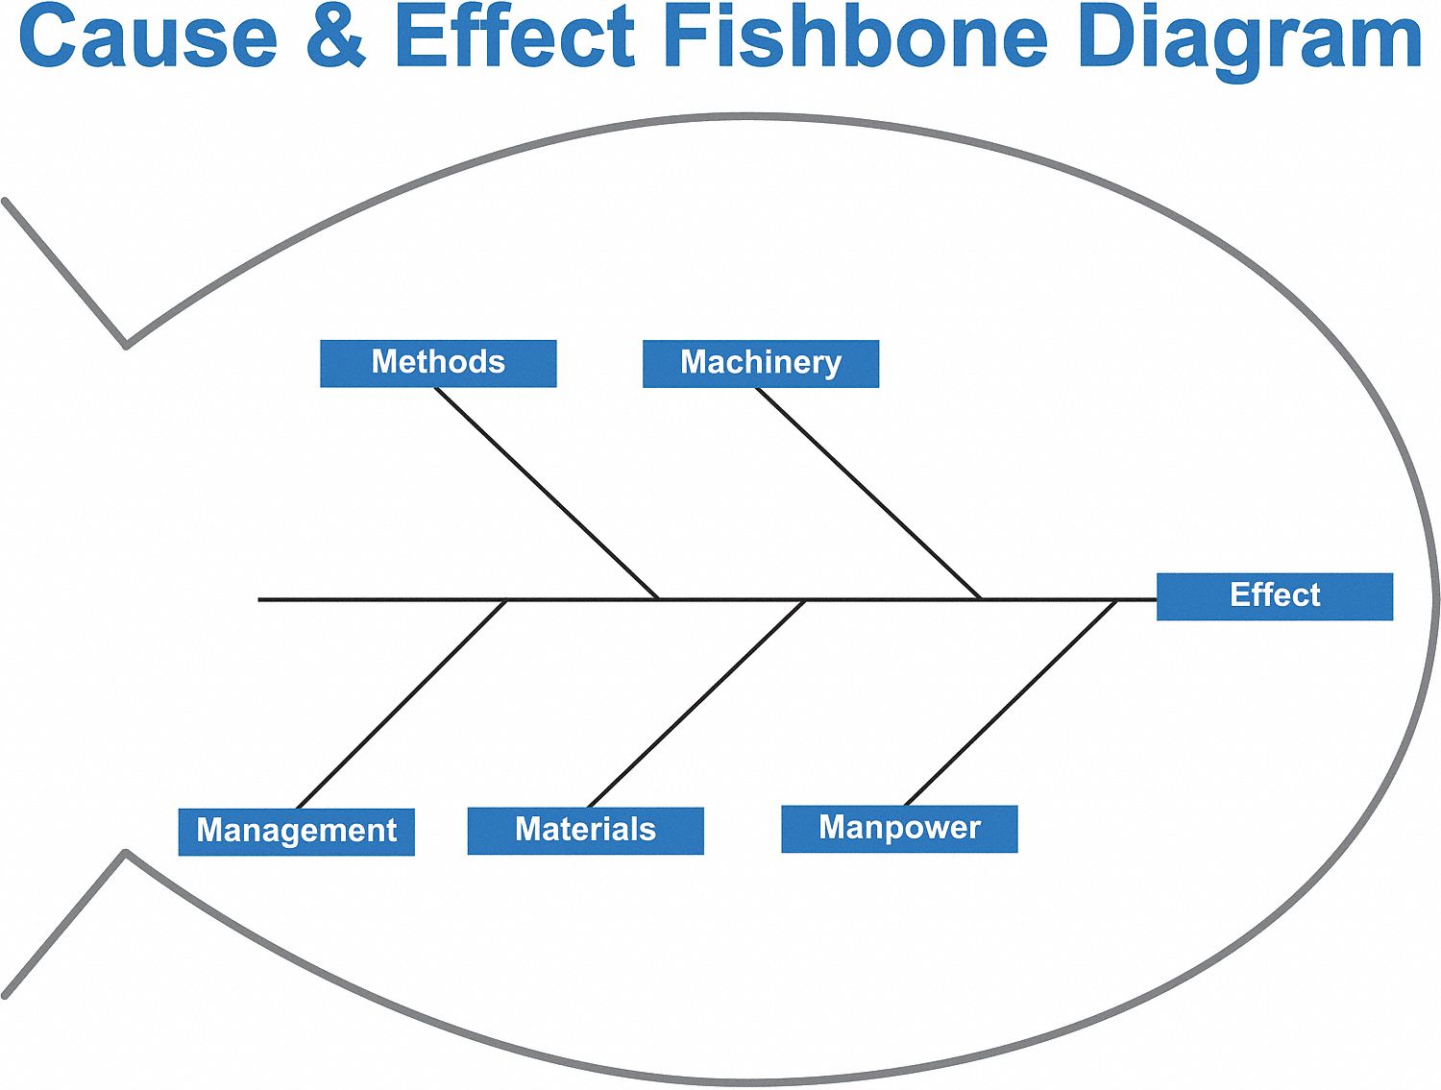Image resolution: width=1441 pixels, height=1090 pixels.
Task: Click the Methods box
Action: (x=438, y=363)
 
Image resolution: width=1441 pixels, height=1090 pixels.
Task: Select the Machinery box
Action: (x=760, y=363)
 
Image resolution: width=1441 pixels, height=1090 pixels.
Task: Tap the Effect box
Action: (x=1274, y=596)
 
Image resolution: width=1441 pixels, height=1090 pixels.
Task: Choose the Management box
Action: (x=296, y=831)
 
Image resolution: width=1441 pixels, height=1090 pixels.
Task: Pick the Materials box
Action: (x=585, y=830)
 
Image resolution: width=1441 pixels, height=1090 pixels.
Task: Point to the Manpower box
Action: (x=899, y=829)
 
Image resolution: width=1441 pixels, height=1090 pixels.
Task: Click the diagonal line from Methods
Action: (x=546, y=493)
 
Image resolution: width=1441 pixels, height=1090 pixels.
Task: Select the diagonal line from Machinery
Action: (x=868, y=493)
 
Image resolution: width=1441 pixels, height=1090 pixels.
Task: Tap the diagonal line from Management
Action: (x=402, y=704)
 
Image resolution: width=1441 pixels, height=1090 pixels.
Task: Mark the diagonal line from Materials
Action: (x=696, y=704)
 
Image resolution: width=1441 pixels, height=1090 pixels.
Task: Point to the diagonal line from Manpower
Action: (x=1011, y=703)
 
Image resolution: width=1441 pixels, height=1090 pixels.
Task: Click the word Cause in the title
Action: (x=148, y=38)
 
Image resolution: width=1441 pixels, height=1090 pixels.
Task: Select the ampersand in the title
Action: (x=336, y=38)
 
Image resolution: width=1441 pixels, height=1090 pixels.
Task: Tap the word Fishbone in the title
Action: (x=855, y=38)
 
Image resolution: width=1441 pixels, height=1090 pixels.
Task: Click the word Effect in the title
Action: (x=514, y=38)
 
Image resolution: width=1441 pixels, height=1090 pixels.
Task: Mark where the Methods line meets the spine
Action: (x=659, y=599)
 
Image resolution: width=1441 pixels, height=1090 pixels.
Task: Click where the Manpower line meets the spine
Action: (x=1117, y=600)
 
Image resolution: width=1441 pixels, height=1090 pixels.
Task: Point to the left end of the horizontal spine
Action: (x=259, y=599)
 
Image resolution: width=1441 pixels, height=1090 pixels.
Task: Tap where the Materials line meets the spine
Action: (x=805, y=600)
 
